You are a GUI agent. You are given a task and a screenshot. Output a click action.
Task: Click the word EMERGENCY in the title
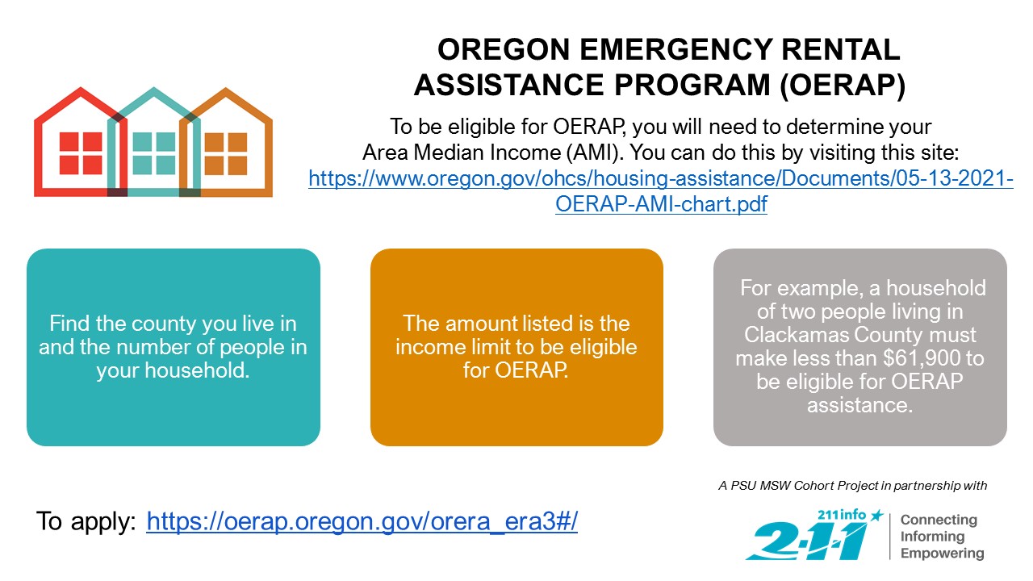(675, 49)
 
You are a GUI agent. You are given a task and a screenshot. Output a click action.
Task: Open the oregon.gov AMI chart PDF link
(661, 191)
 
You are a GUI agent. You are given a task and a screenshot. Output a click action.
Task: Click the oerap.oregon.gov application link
(362, 521)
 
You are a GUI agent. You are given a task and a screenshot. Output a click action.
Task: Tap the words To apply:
(86, 521)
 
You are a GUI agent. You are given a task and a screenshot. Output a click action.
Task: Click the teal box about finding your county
(174, 347)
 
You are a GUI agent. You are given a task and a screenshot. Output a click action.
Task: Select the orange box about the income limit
(516, 347)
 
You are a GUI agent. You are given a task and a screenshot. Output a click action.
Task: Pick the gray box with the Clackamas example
(860, 347)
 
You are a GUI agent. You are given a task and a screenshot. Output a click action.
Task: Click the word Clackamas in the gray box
(797, 335)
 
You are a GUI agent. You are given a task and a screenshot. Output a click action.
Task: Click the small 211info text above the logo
(842, 515)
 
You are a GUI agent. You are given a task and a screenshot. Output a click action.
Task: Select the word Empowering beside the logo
(942, 553)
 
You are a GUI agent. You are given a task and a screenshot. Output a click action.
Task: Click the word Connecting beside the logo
(939, 520)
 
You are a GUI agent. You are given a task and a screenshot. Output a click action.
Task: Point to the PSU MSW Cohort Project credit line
(853, 486)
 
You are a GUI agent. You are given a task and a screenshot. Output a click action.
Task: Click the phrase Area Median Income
(461, 153)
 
